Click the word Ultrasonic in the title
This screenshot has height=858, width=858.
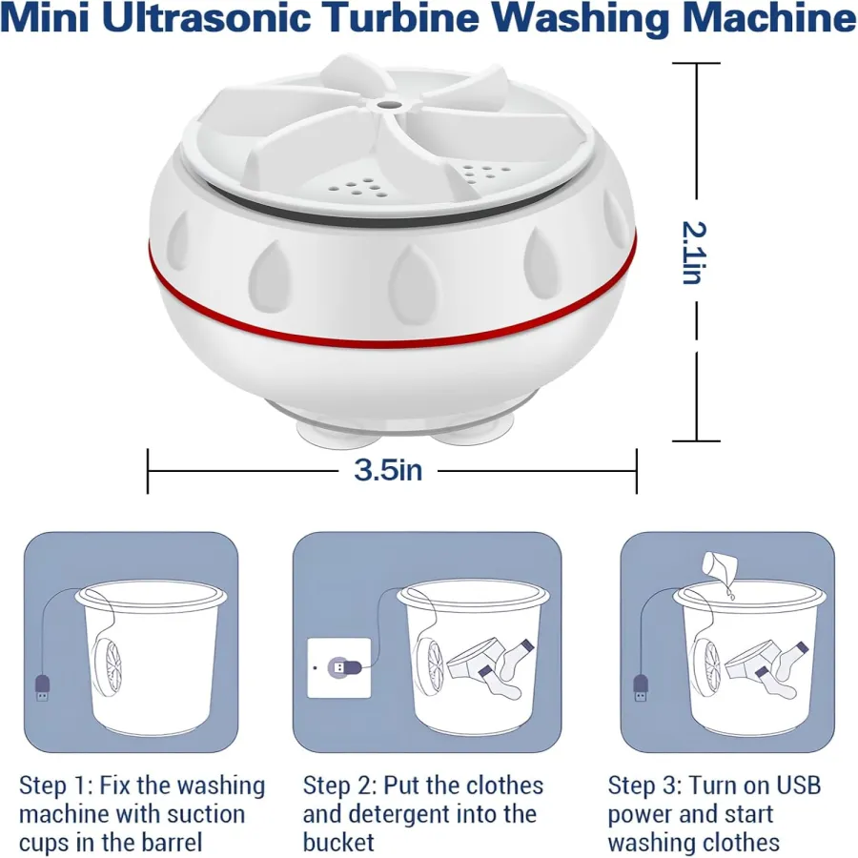click(x=206, y=17)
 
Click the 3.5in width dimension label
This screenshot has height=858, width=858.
click(x=388, y=469)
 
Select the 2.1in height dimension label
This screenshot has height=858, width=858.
click(x=695, y=253)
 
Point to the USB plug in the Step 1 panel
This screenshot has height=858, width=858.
click(x=43, y=687)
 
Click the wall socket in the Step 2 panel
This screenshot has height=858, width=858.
click(x=338, y=667)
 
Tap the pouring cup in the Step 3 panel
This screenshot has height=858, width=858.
click(x=719, y=569)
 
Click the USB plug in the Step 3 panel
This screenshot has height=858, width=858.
click(x=642, y=687)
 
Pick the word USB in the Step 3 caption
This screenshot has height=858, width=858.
click(x=798, y=786)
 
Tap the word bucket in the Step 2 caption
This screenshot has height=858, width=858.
click(x=338, y=843)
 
